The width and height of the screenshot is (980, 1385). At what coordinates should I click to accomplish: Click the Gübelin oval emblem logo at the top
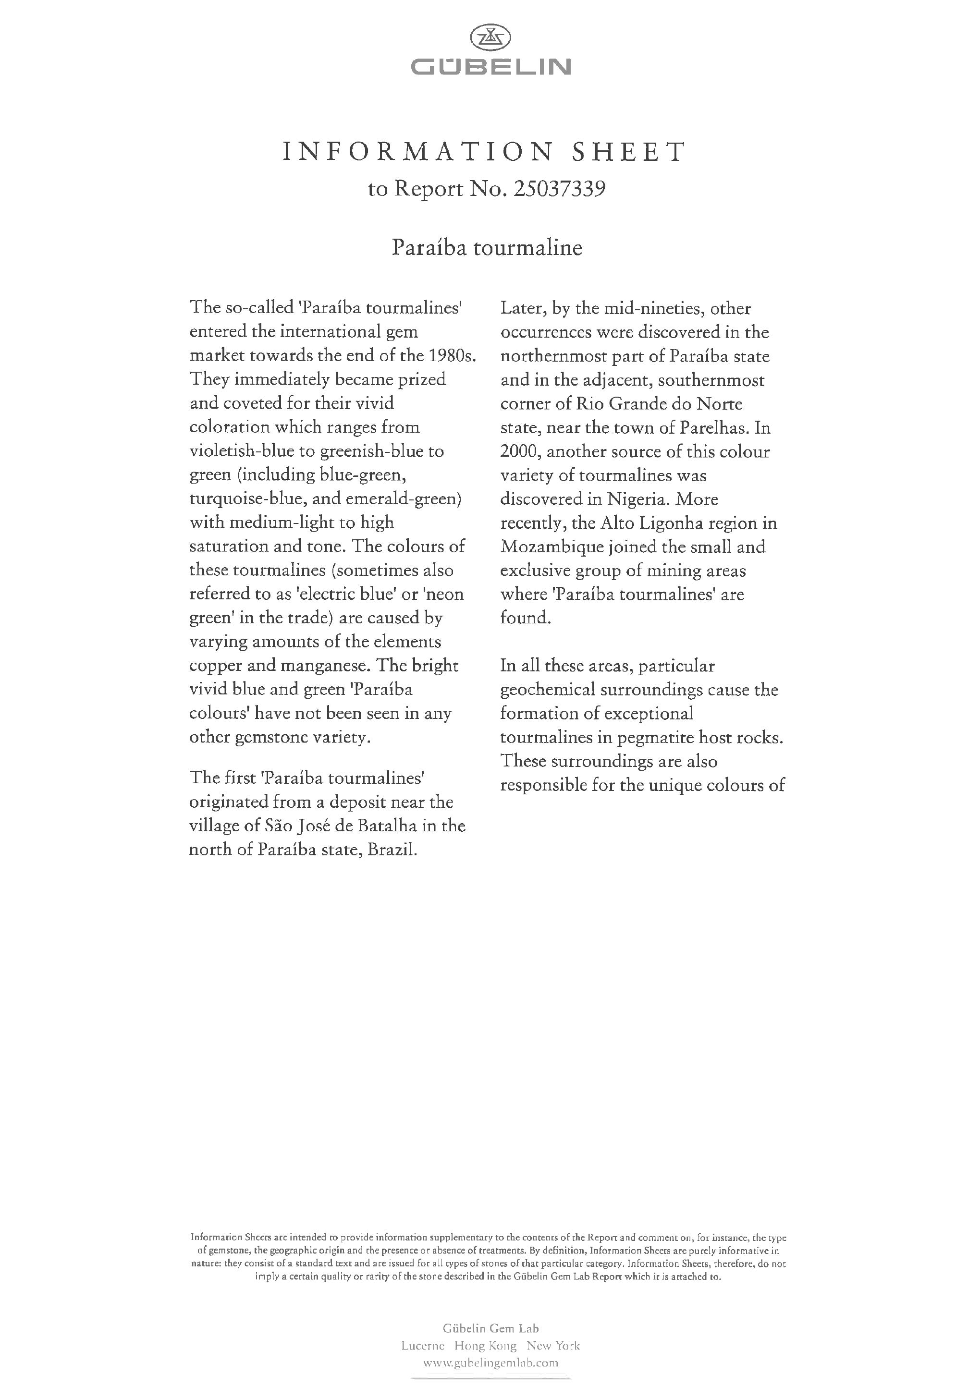pyautogui.click(x=490, y=38)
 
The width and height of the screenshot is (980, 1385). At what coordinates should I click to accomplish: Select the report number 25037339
pyautogui.click(x=559, y=189)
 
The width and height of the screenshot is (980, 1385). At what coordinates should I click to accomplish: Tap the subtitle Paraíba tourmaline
pyautogui.click(x=487, y=248)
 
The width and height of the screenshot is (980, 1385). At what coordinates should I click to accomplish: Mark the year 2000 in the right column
pyautogui.click(x=518, y=452)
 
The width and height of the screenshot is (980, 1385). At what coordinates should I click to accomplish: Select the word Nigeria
pyautogui.click(x=638, y=499)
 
